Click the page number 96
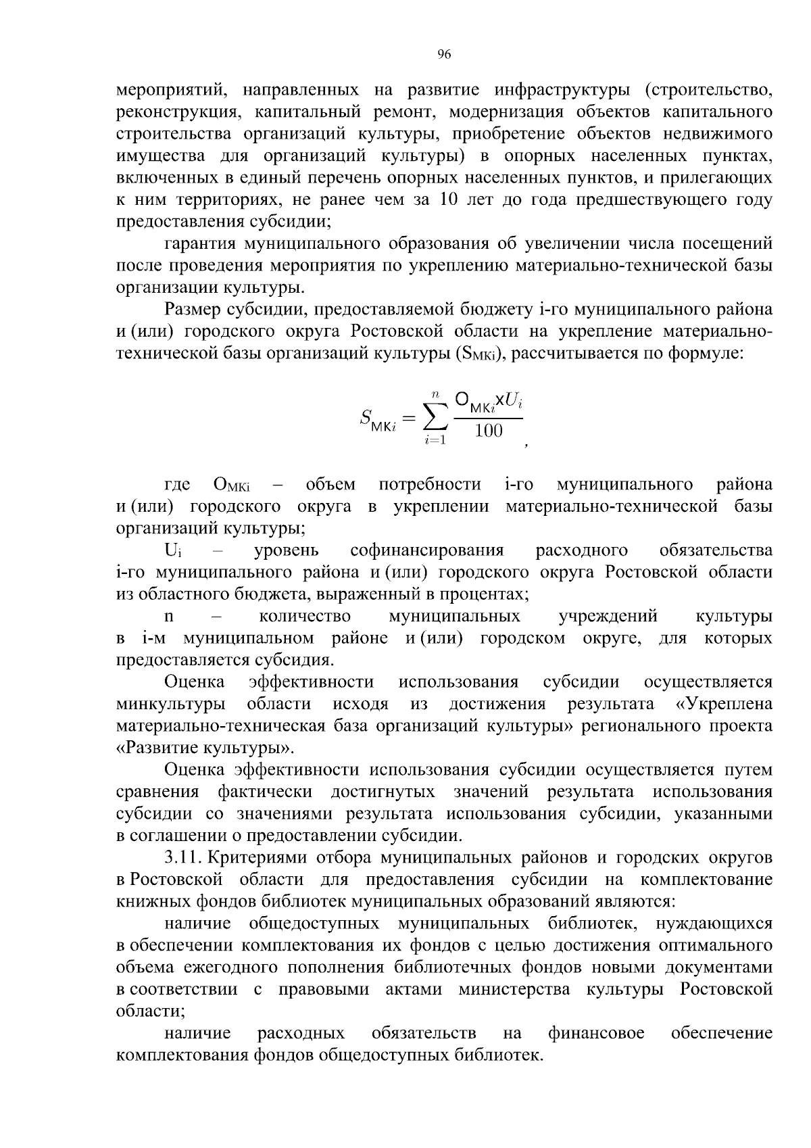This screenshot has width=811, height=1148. click(443, 55)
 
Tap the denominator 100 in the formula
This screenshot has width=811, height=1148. click(488, 431)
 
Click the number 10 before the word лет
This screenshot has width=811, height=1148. click(449, 200)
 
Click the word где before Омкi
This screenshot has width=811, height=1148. click(177, 485)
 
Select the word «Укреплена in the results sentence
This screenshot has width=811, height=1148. click(724, 704)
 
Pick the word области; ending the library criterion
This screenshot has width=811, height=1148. click(151, 1011)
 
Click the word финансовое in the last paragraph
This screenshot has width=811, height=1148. click(595, 1033)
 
